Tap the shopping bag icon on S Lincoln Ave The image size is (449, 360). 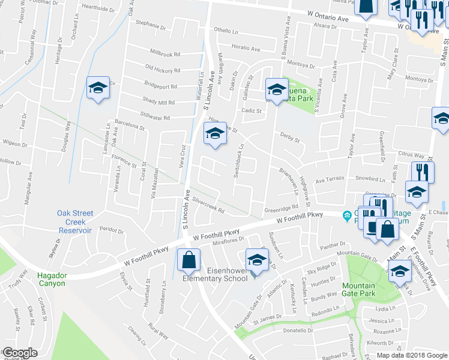click(x=188, y=260)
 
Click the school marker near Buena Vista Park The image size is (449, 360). click(x=277, y=90)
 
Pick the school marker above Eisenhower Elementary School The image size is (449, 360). click(x=257, y=260)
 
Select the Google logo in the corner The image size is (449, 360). click(x=20, y=353)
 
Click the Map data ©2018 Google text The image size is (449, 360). click(x=411, y=355)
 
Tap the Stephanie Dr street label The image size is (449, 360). click(x=150, y=26)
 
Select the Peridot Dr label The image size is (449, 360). click(x=111, y=230)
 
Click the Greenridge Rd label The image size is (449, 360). click(x=282, y=209)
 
